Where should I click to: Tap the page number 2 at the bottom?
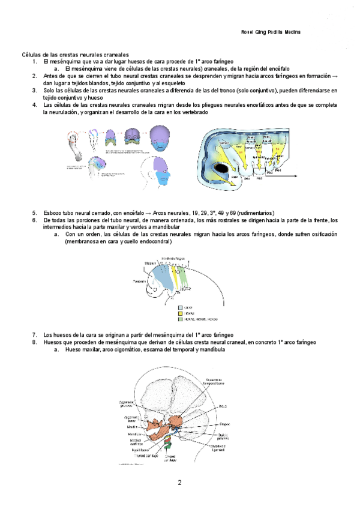click(179, 483)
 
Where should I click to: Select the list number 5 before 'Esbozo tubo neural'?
click(35, 212)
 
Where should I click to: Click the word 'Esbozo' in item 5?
click(54, 212)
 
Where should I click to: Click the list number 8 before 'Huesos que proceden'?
click(35, 342)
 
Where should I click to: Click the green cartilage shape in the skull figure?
click(169, 445)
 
